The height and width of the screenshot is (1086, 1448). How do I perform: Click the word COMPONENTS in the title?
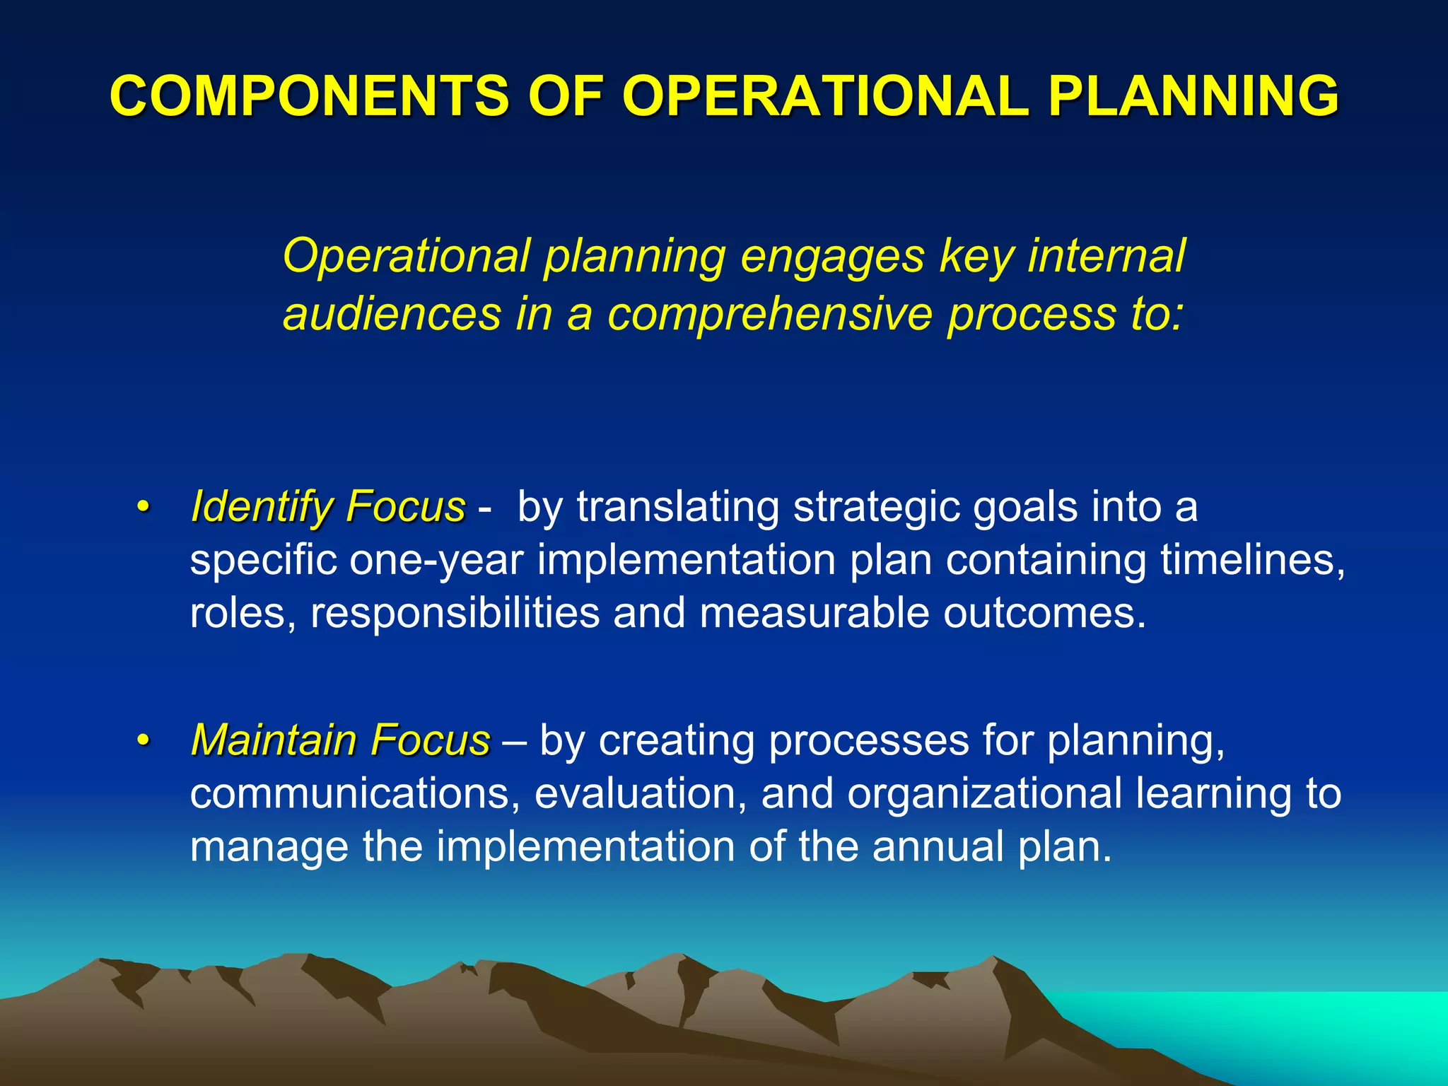(x=309, y=96)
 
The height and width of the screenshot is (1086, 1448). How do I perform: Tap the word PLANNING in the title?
(x=1193, y=96)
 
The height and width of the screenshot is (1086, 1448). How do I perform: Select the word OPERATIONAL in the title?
(x=825, y=96)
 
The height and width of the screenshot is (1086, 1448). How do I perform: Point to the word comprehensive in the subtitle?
(x=769, y=315)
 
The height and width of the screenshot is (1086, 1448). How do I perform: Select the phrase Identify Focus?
(x=328, y=508)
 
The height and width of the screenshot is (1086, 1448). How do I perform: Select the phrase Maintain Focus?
(x=340, y=741)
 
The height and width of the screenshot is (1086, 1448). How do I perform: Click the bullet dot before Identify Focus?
(x=144, y=508)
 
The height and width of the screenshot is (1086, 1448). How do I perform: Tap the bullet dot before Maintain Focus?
(x=144, y=741)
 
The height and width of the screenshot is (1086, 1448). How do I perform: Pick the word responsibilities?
(x=455, y=613)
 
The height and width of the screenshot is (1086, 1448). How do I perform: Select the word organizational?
(x=985, y=794)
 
